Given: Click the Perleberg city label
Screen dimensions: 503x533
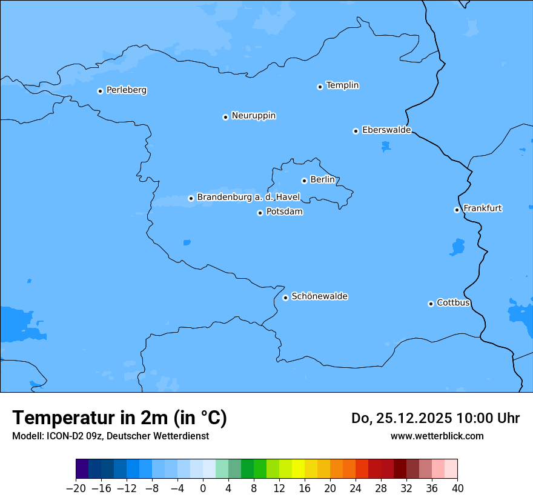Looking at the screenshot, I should pos(126,90).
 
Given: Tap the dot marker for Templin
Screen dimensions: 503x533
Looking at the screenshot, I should pos(320,87).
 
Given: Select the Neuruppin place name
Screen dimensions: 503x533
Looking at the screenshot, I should pos(253,116).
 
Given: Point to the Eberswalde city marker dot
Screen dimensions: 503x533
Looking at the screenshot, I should pos(356,131).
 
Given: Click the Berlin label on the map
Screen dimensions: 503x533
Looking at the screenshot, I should pos(322,180).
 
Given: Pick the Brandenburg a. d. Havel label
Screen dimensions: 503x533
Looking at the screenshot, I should pos(248,198).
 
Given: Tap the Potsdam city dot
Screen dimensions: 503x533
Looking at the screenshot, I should pos(260,213).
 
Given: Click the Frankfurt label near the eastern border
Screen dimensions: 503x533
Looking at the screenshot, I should pos(482,208).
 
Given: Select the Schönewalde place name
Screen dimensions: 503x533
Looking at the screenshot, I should pos(319,296).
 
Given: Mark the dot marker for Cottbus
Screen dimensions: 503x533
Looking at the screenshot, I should pos(431,304).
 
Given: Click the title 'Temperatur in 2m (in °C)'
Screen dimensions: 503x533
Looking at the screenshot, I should pos(119,418).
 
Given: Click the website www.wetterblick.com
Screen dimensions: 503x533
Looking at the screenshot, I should pos(437,436).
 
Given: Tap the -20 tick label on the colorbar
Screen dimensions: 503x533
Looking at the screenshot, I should pos(76,488).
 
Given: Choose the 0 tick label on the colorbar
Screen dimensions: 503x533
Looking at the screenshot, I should pos(203,488).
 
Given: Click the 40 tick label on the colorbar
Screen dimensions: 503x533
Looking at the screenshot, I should pos(457,488).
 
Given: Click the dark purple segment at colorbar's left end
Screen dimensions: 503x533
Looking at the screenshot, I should pos(82,469).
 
